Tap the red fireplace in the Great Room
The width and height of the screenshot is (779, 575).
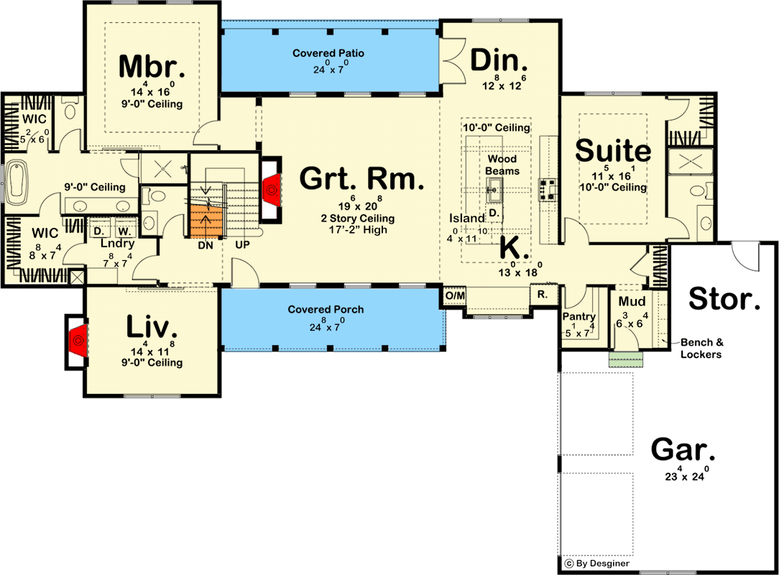point(272,189)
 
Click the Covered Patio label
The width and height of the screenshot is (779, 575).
point(328,53)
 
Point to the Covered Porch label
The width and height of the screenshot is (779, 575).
point(326,309)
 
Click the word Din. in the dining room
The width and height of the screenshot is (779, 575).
point(499,61)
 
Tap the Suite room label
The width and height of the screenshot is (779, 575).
point(613,152)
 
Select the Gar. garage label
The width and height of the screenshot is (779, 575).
point(683,450)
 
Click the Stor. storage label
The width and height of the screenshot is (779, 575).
point(724,299)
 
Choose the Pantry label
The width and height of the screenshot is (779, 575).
point(579,317)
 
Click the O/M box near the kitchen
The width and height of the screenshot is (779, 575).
point(454,295)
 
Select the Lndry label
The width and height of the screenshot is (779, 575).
point(118,244)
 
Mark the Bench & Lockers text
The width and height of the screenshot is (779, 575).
point(701,348)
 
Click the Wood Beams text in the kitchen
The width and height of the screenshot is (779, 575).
point(502,165)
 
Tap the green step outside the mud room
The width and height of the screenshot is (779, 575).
point(623,359)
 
